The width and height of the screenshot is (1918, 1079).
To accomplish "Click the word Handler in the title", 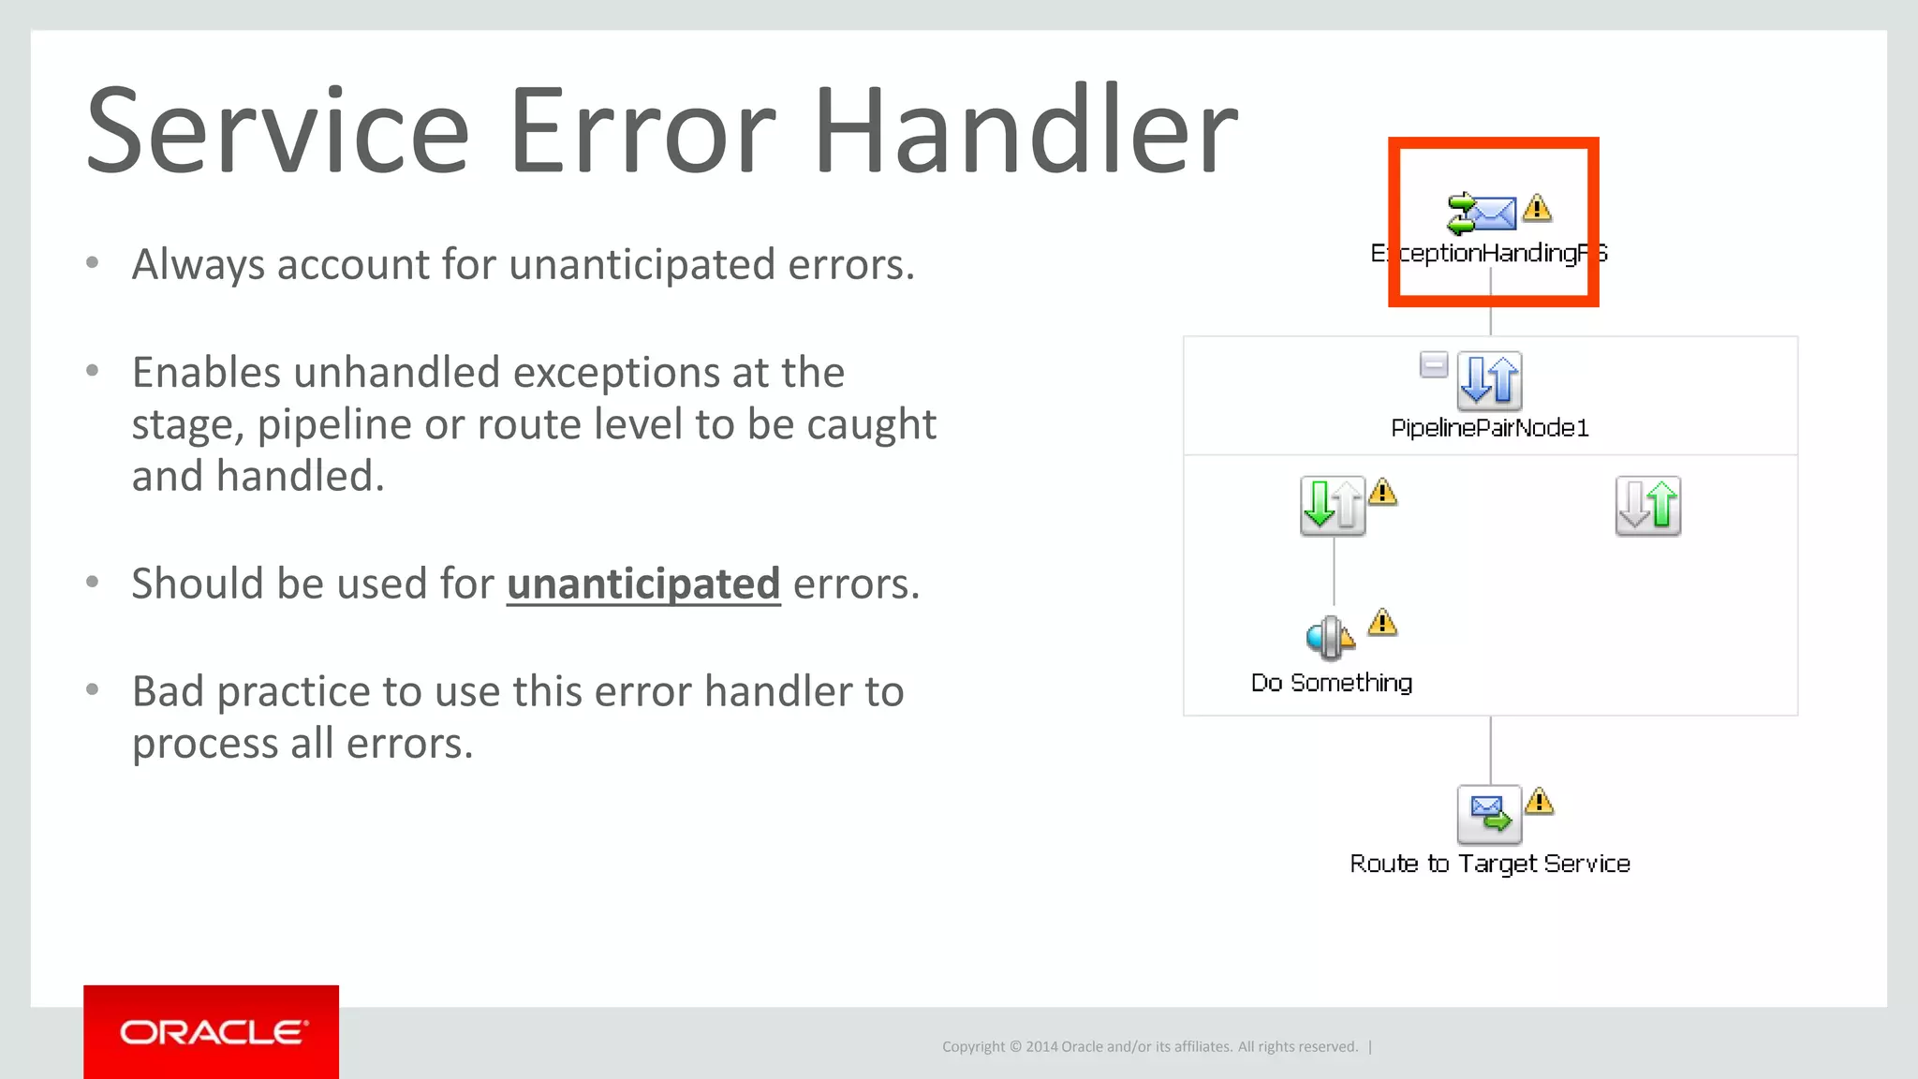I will [1025, 131].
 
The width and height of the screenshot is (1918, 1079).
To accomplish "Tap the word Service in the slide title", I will [276, 131].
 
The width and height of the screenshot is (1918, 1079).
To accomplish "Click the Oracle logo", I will [212, 1032].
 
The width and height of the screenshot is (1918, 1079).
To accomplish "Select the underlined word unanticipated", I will [643, 584].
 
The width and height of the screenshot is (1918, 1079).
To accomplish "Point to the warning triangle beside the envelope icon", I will [1537, 207].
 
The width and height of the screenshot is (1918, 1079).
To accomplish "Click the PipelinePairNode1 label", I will [1489, 428].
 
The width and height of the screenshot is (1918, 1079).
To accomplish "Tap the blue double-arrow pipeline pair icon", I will [1489, 380].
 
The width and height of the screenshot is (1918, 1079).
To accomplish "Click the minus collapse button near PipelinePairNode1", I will [1433, 364].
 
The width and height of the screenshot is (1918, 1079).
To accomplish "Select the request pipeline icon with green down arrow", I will [1333, 505].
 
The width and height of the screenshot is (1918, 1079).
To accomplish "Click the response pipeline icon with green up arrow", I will [1647, 505].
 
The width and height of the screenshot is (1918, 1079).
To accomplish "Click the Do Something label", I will [1331, 683].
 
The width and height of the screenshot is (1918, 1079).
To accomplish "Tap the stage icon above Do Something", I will [1329, 637].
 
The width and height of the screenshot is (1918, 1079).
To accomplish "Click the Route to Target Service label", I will [1489, 864].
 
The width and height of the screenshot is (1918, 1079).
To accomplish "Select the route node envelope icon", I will [1489, 813].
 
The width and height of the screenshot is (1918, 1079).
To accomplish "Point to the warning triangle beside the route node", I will [1539, 802].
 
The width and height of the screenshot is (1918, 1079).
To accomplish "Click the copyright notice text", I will [1149, 1046].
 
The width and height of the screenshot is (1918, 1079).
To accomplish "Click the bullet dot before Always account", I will [92, 263].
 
